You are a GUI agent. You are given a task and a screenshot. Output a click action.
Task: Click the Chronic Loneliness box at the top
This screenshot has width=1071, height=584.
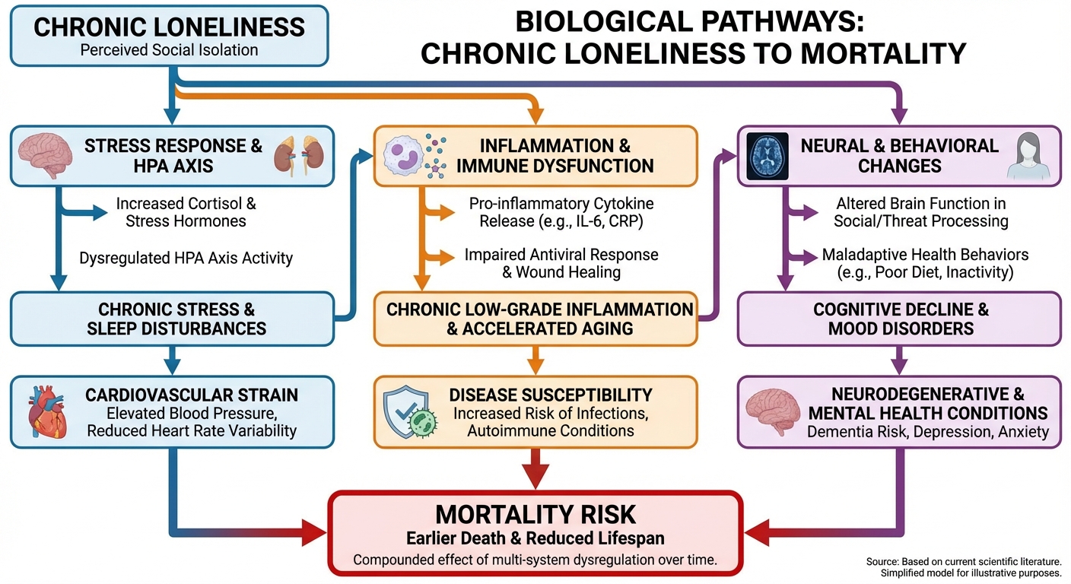[169, 36]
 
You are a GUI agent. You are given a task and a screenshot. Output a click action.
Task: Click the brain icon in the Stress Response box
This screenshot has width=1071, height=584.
[46, 156]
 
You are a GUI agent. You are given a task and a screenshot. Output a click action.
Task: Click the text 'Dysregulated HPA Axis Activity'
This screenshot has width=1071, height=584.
[186, 258]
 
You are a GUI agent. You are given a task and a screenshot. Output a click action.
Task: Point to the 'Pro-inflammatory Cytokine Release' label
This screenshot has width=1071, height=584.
[561, 213]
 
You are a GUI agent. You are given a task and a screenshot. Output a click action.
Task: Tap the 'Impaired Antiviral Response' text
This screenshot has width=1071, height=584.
[561, 263]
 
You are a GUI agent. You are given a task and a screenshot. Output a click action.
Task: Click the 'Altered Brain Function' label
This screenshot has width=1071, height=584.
[920, 213]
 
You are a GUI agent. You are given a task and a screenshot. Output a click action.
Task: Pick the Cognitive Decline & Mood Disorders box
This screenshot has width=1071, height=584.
[900, 319]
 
